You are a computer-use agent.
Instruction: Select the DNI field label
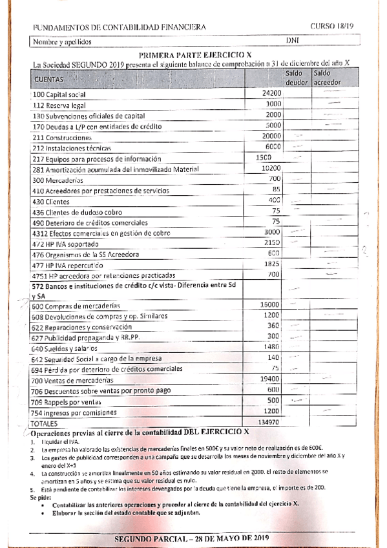(292, 41)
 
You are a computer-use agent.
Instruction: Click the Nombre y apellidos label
(61, 42)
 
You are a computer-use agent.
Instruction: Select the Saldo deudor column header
(296, 78)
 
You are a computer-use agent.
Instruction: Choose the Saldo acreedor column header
(326, 78)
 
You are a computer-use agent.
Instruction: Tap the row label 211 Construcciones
(61, 138)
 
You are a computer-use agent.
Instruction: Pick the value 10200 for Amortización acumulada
(271, 168)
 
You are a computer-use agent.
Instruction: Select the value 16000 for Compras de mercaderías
(269, 304)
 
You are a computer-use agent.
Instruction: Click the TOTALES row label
(45, 423)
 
